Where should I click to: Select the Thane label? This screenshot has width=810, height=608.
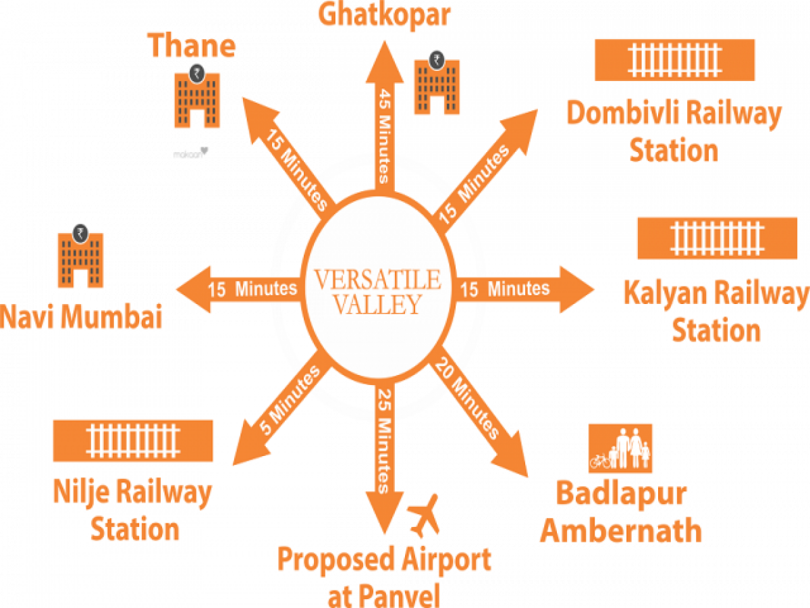pyautogui.click(x=192, y=46)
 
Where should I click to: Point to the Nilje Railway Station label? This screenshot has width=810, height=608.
pyautogui.click(x=132, y=510)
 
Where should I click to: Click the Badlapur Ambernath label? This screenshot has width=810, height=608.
pyautogui.click(x=621, y=513)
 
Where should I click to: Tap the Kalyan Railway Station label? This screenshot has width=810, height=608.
pyautogui.click(x=715, y=312)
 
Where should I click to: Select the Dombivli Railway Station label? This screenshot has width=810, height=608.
pyautogui.click(x=674, y=131)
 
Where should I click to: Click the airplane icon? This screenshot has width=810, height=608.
pyautogui.click(x=424, y=515)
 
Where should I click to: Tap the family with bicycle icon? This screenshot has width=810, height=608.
pyautogui.click(x=620, y=448)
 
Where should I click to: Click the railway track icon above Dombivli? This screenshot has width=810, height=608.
pyautogui.click(x=674, y=60)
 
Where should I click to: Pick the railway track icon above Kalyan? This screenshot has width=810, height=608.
pyautogui.click(x=717, y=238)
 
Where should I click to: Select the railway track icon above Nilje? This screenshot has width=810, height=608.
pyautogui.click(x=132, y=441)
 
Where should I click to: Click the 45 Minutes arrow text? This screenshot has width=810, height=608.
pyautogui.click(x=385, y=136)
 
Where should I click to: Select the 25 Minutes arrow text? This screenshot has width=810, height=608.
pyautogui.click(x=385, y=439)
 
